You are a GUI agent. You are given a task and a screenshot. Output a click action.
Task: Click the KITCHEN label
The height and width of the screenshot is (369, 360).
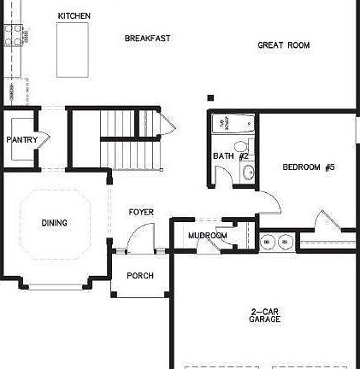coord(74,15)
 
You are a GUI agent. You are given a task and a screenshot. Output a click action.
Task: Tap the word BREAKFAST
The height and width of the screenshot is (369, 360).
coord(148,38)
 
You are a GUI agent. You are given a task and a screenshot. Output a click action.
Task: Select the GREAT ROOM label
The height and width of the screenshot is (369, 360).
coord(283,45)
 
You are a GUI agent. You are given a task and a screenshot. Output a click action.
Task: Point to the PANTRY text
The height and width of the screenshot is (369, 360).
coord(21,139)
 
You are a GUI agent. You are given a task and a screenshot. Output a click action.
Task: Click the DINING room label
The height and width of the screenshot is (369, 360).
coord(54,223)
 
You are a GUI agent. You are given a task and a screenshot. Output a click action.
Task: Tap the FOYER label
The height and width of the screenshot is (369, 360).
coord(141,212)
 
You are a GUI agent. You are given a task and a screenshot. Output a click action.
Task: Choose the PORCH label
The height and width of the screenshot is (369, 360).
coord(139,275)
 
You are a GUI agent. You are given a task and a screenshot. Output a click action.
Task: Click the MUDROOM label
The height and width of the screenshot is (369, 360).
coord(208,235)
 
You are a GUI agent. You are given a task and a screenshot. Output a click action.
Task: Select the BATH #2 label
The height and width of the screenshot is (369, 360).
coord(230,156)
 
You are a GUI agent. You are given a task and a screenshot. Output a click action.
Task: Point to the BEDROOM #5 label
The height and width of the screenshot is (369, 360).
coord(308,167)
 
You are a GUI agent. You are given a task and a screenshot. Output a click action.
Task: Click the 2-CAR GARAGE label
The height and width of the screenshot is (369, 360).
coord(265,315)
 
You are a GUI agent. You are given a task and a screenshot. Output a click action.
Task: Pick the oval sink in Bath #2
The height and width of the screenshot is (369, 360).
coord(249,173)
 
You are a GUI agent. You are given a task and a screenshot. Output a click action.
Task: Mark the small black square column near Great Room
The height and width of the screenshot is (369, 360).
coord(210,98)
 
